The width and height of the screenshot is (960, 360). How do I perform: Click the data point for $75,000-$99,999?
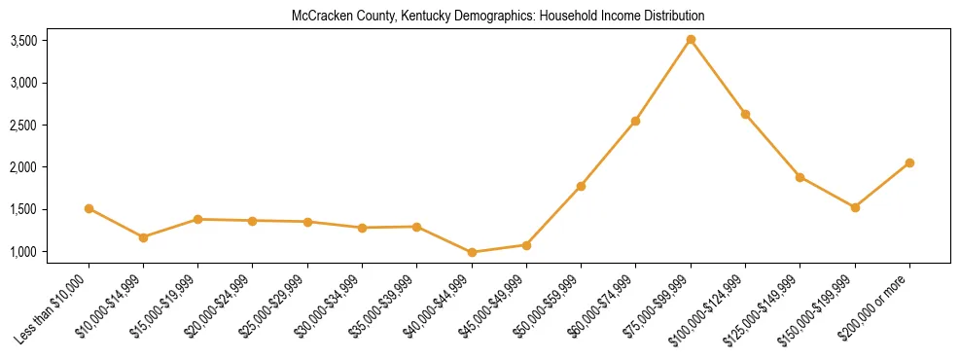point(691,40)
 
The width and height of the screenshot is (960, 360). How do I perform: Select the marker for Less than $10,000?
point(89,208)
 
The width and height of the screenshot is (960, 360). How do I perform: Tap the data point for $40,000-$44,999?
point(472,252)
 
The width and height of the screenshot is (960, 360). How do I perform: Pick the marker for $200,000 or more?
point(909,162)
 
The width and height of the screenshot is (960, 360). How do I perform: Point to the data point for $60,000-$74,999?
point(635,121)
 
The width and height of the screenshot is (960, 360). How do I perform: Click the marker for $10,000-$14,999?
point(143,237)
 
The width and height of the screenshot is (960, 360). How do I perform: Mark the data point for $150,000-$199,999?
point(855,207)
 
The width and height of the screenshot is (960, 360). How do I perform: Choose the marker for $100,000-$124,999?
point(745,114)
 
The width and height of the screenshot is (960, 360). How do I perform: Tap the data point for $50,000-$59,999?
point(581,186)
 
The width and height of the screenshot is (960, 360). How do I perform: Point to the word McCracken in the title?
point(318,17)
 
